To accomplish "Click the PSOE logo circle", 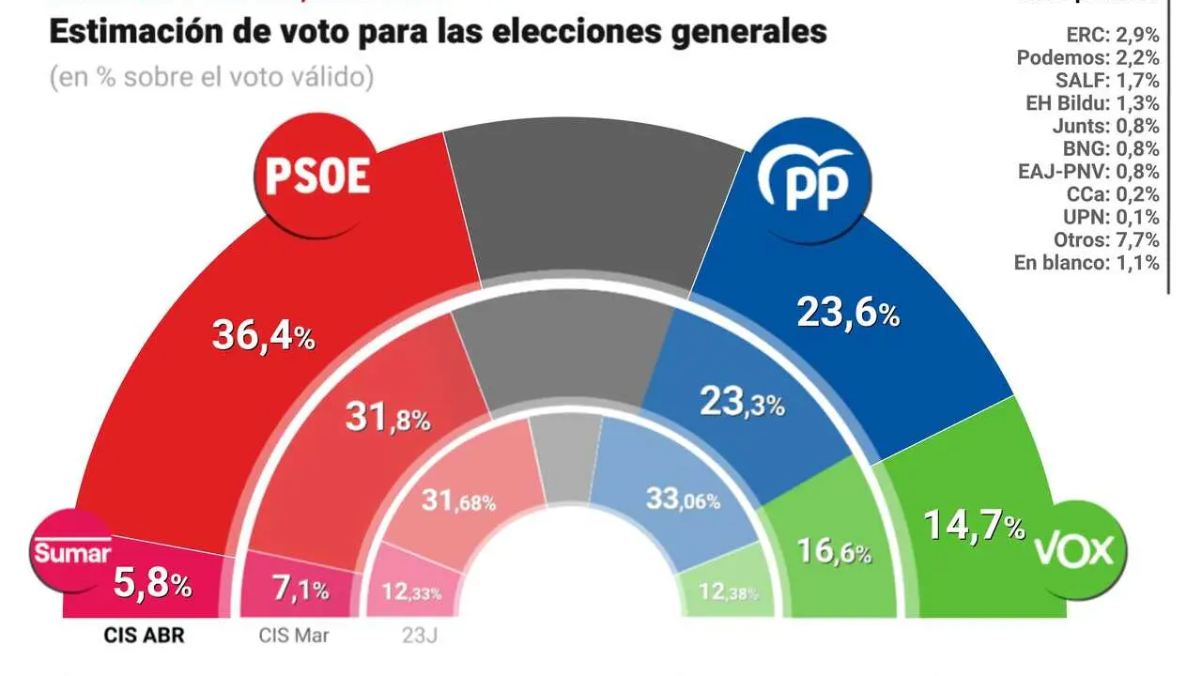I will [318, 177].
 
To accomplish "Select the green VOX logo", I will [1073, 551].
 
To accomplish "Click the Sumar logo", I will [72, 553].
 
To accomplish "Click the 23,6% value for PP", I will [848, 314].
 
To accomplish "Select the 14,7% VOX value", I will [974, 526].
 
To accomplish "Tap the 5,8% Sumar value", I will [153, 585].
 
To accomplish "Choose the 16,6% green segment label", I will [833, 551].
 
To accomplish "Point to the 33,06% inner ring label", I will [683, 499].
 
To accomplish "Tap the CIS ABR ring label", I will [144, 636].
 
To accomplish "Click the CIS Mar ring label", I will [294, 636].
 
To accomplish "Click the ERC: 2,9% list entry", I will [1112, 35].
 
